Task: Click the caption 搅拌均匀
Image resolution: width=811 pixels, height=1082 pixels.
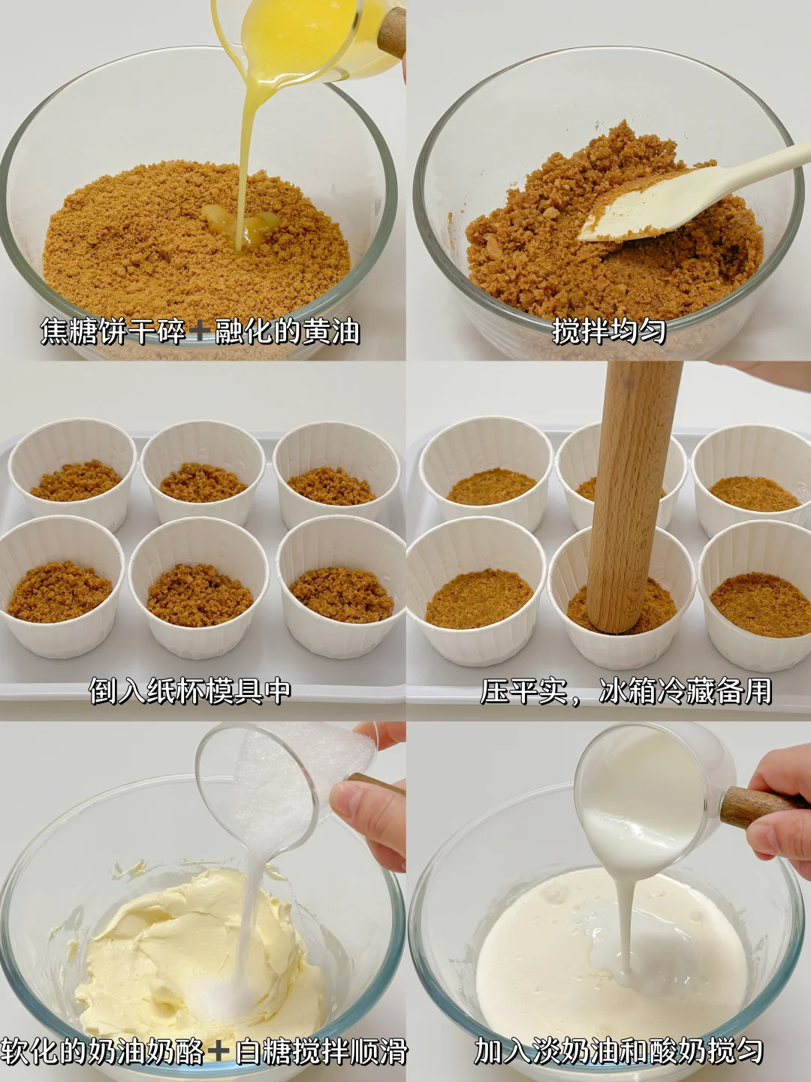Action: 608,331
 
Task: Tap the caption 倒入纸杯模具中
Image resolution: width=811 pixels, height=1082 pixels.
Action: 189,691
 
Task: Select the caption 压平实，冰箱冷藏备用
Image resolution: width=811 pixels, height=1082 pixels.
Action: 626,691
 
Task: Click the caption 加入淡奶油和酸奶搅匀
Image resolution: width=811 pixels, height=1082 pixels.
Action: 619,1050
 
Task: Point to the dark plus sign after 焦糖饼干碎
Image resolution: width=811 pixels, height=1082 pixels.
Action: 200,331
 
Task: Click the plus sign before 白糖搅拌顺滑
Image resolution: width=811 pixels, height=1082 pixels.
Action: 219,1051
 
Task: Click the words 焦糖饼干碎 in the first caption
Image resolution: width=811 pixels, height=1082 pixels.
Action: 113,331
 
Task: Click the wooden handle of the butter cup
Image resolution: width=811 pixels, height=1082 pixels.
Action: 393,32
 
